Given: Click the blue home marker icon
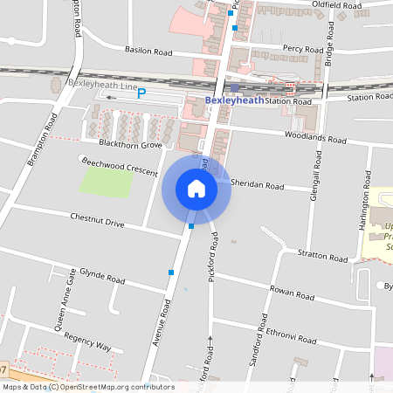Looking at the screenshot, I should [x=196, y=188].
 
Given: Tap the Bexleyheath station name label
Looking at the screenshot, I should [x=234, y=100].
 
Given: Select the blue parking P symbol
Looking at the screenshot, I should [x=141, y=93].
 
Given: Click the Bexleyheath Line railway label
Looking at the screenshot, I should [x=100, y=84].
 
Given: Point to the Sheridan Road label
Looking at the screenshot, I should [x=259, y=185].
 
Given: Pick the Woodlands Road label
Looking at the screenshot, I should [x=315, y=139].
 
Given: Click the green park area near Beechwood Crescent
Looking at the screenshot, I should [x=106, y=182].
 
